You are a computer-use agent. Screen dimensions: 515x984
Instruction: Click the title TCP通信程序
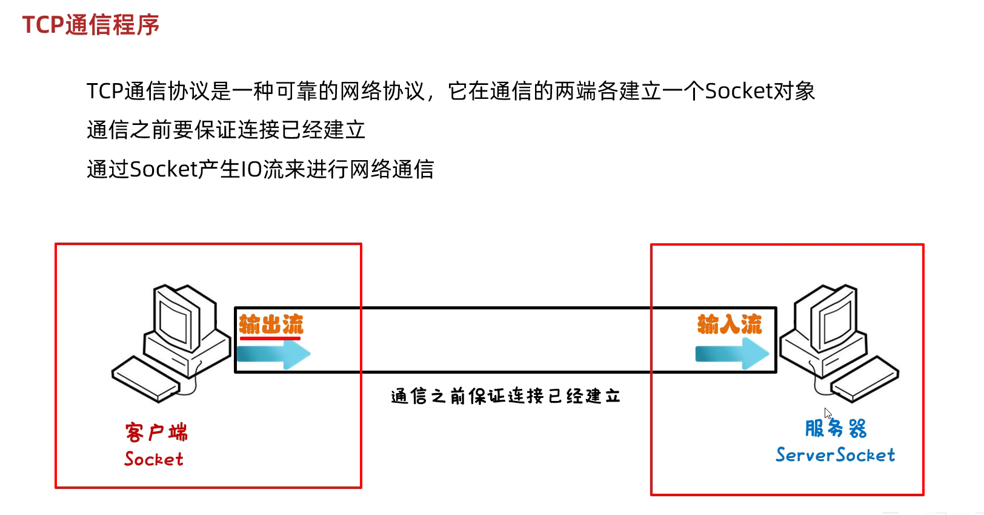tap(91, 25)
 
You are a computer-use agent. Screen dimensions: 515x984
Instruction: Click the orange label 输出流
tap(271, 324)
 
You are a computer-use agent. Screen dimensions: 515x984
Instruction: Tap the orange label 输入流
tap(730, 324)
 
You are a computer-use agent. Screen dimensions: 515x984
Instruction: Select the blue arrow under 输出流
tap(273, 354)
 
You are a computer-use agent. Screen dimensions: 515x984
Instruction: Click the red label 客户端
tap(156, 433)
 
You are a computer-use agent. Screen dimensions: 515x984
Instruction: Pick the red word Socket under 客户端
tap(154, 459)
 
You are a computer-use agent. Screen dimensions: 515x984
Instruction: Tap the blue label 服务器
tap(836, 428)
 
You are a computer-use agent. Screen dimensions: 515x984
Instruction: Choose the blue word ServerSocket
tap(835, 455)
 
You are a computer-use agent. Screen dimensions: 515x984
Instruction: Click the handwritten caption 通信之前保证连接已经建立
tap(506, 396)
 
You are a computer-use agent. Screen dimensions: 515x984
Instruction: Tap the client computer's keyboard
tap(146, 379)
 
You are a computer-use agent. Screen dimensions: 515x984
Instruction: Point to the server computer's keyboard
tap(865, 379)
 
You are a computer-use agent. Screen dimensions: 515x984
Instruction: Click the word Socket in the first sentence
tap(737, 91)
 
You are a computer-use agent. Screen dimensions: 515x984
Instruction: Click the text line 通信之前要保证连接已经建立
tap(226, 130)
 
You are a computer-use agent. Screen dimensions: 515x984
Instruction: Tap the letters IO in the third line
tap(251, 169)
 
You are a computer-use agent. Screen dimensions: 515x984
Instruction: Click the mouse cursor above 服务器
tap(828, 413)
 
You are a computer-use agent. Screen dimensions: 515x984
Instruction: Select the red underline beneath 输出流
tap(270, 338)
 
